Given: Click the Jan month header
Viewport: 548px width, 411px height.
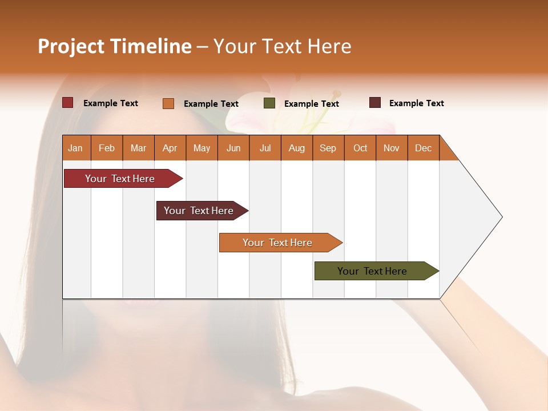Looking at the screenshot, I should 76,148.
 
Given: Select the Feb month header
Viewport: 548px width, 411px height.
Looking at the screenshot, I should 107,148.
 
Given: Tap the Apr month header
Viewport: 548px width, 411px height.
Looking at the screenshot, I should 170,148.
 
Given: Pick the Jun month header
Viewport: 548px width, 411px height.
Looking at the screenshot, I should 233,148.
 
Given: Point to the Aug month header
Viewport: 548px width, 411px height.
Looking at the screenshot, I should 297,148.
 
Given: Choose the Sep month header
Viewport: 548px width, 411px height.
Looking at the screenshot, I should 328,148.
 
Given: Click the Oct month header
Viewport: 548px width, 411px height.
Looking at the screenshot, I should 360,148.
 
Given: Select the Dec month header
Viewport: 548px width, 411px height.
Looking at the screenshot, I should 424,148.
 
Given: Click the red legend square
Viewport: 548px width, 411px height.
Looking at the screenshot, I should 67,103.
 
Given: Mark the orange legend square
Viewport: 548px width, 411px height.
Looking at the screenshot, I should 168,103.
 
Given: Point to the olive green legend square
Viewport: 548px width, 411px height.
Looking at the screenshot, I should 269,103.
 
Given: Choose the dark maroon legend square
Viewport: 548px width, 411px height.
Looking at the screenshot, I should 375,103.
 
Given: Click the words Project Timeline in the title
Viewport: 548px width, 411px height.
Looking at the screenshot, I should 115,46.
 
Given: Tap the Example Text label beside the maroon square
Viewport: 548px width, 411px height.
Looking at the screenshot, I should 416,103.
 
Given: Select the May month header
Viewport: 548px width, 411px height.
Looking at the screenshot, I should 202,148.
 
